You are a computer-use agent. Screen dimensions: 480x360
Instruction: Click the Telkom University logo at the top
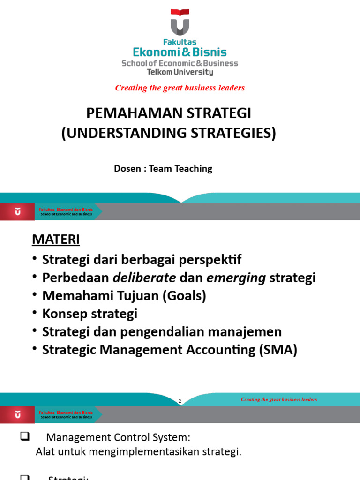pyautogui.click(x=180, y=22)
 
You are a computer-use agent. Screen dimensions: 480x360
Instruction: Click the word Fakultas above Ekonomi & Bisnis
pyautogui.click(x=180, y=42)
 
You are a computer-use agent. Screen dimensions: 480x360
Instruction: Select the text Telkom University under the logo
pyautogui.click(x=180, y=72)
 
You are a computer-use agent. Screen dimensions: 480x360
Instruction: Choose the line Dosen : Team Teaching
pyautogui.click(x=163, y=168)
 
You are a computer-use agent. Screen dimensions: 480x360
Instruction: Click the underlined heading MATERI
pyautogui.click(x=56, y=239)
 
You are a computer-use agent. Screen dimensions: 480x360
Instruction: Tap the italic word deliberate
pyautogui.click(x=144, y=277)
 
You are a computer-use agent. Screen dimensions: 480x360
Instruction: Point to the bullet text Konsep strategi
pyautogui.click(x=90, y=314)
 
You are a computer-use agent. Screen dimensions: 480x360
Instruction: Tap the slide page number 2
pyautogui.click(x=180, y=401)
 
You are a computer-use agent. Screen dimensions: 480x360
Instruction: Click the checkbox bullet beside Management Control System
pyautogui.click(x=25, y=437)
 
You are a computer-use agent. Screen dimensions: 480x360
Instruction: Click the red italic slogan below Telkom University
pyautogui.click(x=180, y=88)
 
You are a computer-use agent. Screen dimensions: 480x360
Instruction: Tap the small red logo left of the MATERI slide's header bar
pyautogui.click(x=17, y=212)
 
